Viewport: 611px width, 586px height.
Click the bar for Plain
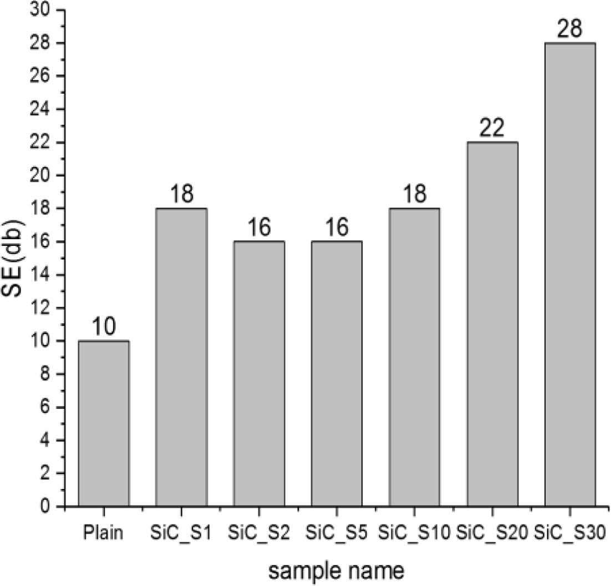104,423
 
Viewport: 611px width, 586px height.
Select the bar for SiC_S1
181,357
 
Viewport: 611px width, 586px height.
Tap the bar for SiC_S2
259,374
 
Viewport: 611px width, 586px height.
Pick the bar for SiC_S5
337,374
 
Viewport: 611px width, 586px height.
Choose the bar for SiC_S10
414,357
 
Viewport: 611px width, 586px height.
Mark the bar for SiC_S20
492,324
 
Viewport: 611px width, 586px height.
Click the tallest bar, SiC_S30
570,275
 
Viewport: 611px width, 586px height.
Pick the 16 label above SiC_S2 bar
259,228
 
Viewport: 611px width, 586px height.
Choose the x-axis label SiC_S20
492,534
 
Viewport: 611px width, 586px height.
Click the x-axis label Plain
104,534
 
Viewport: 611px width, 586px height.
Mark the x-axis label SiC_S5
337,534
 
